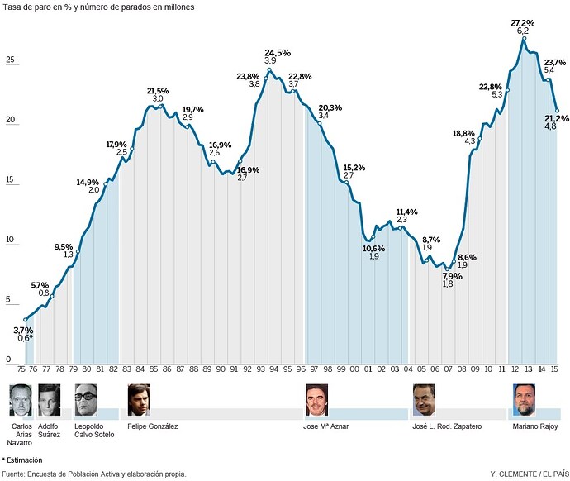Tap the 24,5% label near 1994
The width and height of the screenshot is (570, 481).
coord(278,52)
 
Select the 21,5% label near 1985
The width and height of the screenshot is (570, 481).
coord(158,90)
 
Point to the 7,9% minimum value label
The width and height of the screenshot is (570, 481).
coord(452,275)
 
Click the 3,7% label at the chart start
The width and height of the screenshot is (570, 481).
coord(24,330)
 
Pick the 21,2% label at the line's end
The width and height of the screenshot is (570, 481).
coord(555,117)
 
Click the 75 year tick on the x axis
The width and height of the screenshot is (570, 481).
coord(21,369)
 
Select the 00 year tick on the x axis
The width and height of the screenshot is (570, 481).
coord(354,369)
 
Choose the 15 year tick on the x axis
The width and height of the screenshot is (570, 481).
coord(555,369)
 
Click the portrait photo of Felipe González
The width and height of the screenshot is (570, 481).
coord(139,400)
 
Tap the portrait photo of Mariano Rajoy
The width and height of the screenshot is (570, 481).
coord(523,400)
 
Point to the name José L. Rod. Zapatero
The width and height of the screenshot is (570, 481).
coord(448,426)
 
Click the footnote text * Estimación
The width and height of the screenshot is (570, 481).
coord(22,459)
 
